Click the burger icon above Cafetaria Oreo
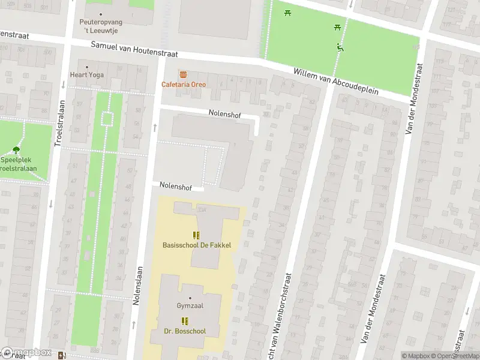coord(183,74)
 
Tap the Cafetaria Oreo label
coord(183,84)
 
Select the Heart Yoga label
coord(87,75)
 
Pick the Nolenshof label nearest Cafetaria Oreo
coord(225,113)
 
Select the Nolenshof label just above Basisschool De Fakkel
coord(176,187)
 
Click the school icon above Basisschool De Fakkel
coord(196,235)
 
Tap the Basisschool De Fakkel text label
coord(196,245)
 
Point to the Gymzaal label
coord(190,306)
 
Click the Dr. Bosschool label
coord(185,331)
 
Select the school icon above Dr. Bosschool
coord(185,320)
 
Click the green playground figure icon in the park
coord(340,48)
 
